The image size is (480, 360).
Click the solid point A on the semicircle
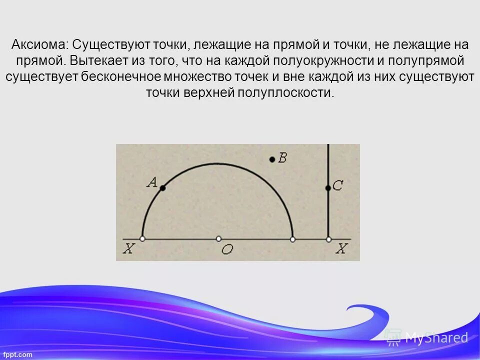162,188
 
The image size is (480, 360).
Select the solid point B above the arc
272,159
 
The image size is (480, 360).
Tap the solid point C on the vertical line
328,188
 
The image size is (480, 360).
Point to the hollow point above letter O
218,239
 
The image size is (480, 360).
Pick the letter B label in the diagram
282,158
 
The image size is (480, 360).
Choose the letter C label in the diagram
337,186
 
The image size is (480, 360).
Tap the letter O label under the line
227,250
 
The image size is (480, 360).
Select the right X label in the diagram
341,248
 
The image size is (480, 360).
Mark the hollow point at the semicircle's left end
142,239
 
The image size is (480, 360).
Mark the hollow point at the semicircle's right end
293,239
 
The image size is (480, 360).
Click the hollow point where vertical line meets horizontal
328,239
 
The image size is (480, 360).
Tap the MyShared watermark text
436,337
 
